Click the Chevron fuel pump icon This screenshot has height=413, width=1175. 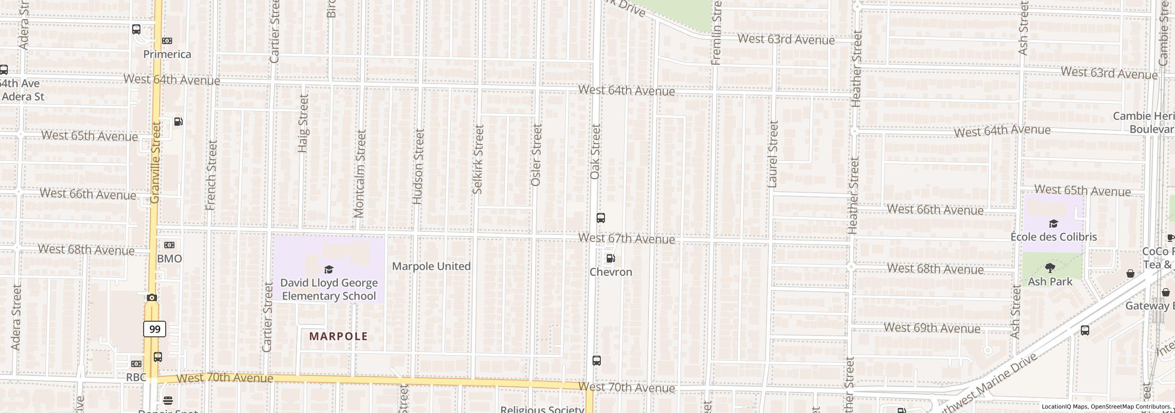(x=610, y=258)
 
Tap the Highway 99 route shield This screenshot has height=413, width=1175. (x=155, y=329)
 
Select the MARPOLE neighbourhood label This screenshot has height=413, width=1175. (x=338, y=336)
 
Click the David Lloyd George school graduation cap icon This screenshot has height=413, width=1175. (x=329, y=269)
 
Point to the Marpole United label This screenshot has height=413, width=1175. (x=431, y=266)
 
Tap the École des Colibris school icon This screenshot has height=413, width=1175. (x=1053, y=224)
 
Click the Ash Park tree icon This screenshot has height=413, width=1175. (x=1050, y=268)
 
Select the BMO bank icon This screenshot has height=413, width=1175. (x=169, y=245)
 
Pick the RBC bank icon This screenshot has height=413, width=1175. (x=136, y=364)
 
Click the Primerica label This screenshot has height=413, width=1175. (x=167, y=54)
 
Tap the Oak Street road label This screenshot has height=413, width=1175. (x=595, y=151)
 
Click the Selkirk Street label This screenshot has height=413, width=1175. (x=478, y=159)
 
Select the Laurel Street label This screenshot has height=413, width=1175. (x=773, y=154)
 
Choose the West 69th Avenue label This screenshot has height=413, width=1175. (x=932, y=328)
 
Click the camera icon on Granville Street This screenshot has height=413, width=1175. (x=152, y=297)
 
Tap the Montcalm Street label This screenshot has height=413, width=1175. (x=360, y=173)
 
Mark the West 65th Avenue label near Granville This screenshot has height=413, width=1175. (x=90, y=136)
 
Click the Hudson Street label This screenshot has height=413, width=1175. (x=418, y=166)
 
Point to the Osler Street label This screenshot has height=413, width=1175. (x=536, y=155)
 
